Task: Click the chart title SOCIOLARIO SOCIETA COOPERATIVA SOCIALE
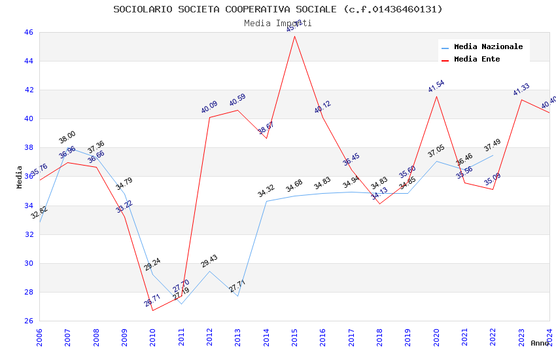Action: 278,9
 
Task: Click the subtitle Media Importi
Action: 278,23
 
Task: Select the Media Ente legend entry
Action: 477,59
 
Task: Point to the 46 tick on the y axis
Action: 28,32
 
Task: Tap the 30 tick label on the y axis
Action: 28,263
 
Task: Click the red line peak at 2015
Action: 294,36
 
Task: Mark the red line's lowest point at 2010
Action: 152,310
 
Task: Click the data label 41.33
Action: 521,90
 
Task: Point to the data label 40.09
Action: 209,107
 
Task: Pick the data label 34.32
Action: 266,191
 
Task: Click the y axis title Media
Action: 20,177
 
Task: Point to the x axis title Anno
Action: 540,343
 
